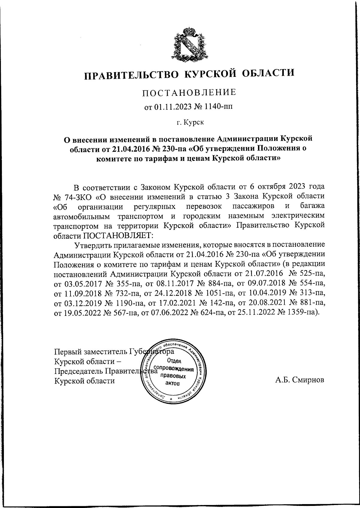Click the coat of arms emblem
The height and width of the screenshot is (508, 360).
[188, 44]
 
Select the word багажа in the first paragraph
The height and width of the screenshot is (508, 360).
[312, 206]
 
